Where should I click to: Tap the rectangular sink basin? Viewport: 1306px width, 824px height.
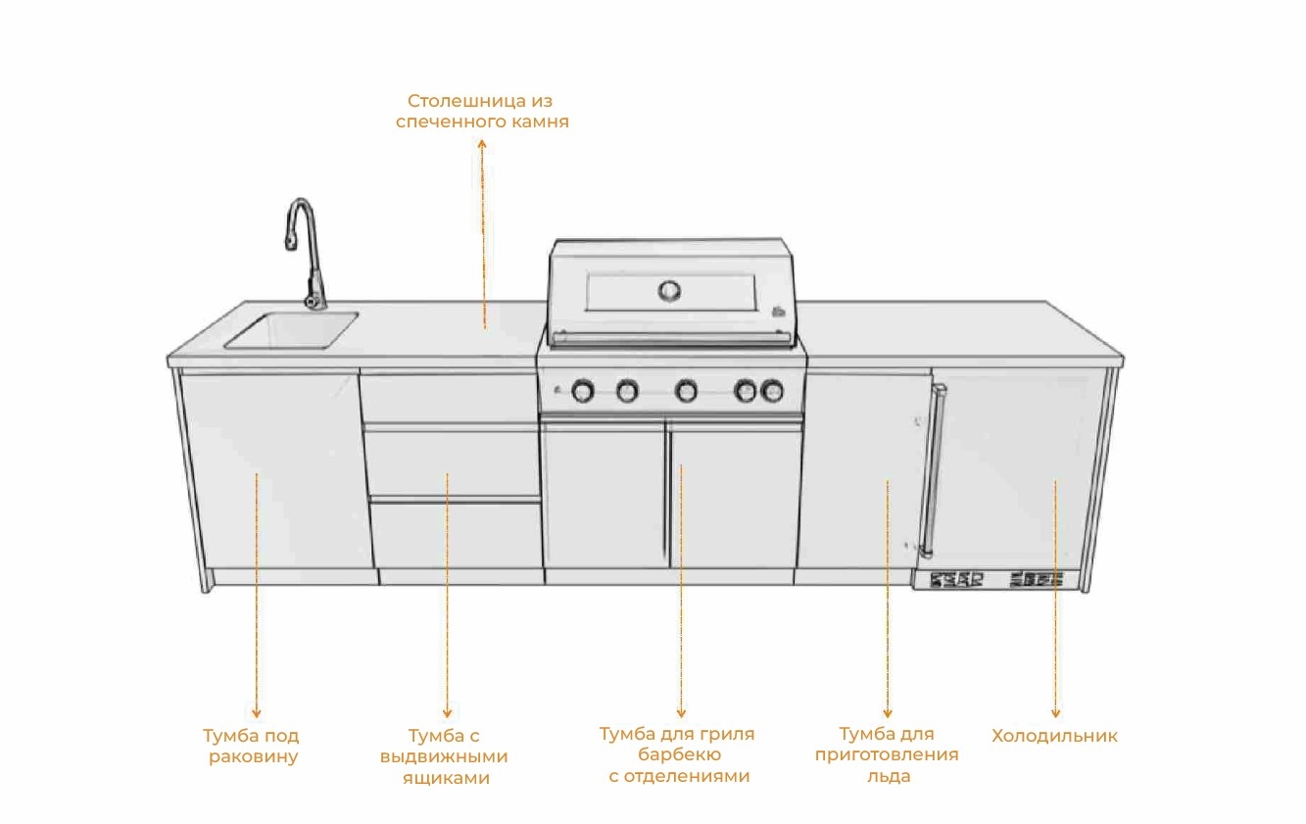pyautogui.click(x=292, y=329)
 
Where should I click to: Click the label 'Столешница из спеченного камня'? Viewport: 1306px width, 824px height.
pyautogui.click(x=481, y=112)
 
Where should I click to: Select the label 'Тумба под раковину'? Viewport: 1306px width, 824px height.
pyautogui.click(x=252, y=746)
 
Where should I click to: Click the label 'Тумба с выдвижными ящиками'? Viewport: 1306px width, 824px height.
pyautogui.click(x=446, y=756)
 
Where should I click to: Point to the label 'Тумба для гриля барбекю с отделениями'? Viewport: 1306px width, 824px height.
pyautogui.click(x=678, y=754)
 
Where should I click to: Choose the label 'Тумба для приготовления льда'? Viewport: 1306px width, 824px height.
pyautogui.click(x=887, y=754)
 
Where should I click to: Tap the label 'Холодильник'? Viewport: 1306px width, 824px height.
pyautogui.click(x=1054, y=736)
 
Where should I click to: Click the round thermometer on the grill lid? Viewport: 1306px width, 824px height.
pyautogui.click(x=670, y=290)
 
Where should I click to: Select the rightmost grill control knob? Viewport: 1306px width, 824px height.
pyautogui.click(x=773, y=392)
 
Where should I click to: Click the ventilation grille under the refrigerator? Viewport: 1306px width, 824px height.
pyautogui.click(x=996, y=580)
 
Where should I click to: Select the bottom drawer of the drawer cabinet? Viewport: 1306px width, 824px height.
pyautogui.click(x=456, y=534)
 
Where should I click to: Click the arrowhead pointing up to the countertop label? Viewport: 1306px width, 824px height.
pyautogui.click(x=482, y=144)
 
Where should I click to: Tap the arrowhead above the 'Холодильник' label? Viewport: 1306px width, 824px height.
pyautogui.click(x=1055, y=714)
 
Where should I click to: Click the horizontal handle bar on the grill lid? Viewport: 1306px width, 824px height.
pyautogui.click(x=671, y=338)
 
